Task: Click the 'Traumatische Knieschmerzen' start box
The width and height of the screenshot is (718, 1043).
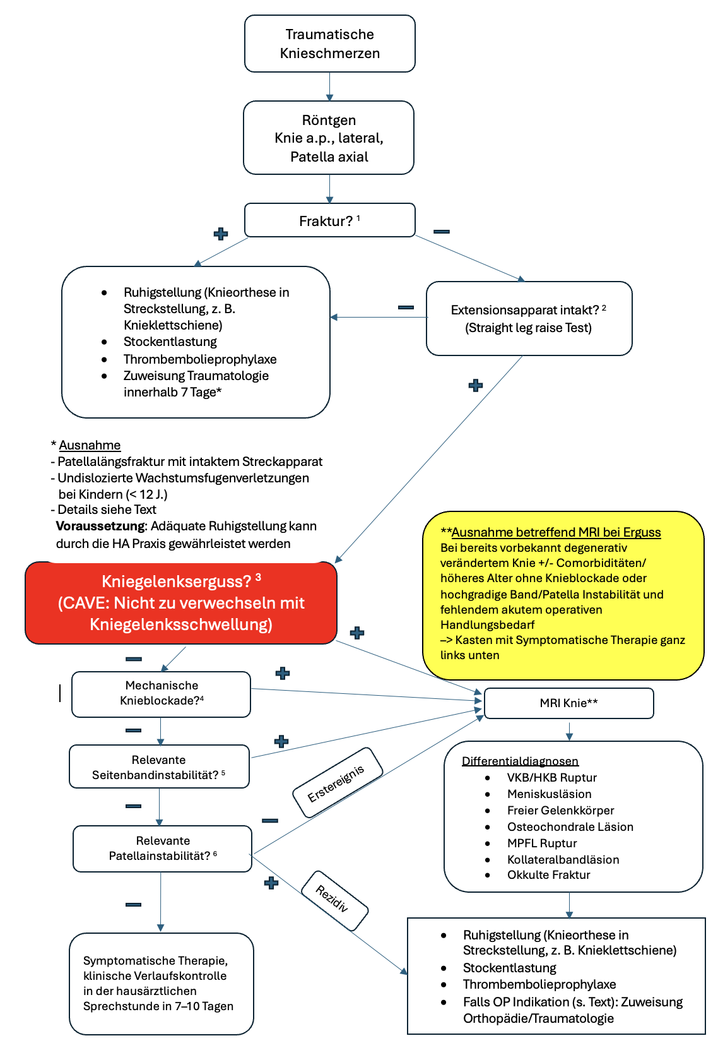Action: [x=329, y=44]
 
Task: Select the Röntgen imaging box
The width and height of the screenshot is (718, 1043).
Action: [x=329, y=138]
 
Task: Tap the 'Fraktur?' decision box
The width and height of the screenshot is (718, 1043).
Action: [x=329, y=220]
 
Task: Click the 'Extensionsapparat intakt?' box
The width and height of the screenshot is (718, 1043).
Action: [x=529, y=318]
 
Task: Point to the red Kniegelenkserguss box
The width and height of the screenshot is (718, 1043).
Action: [x=181, y=603]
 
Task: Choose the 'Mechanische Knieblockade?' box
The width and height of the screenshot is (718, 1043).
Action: [x=162, y=693]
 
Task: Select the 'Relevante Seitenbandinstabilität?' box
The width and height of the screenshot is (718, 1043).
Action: [x=159, y=767]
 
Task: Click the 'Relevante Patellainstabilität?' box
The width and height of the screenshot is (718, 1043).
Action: [x=163, y=849]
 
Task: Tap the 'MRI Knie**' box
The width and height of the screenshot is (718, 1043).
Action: [x=568, y=703]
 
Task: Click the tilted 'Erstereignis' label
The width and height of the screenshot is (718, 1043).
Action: [x=336, y=784]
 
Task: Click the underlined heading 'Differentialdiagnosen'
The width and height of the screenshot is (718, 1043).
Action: [x=520, y=761]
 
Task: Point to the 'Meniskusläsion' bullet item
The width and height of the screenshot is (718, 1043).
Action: [x=549, y=794]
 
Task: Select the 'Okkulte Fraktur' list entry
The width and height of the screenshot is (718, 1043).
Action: [x=548, y=875]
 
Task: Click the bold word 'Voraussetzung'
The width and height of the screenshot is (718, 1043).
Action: [x=100, y=527]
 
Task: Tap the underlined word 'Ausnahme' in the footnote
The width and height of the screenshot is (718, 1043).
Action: [x=90, y=445]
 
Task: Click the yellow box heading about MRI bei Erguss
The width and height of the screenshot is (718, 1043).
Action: [x=556, y=532]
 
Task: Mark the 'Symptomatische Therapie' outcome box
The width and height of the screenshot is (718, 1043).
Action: [x=162, y=983]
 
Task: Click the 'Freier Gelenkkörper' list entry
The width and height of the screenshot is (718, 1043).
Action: [x=560, y=811]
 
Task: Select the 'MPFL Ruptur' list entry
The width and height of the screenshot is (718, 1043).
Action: [x=542, y=843]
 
